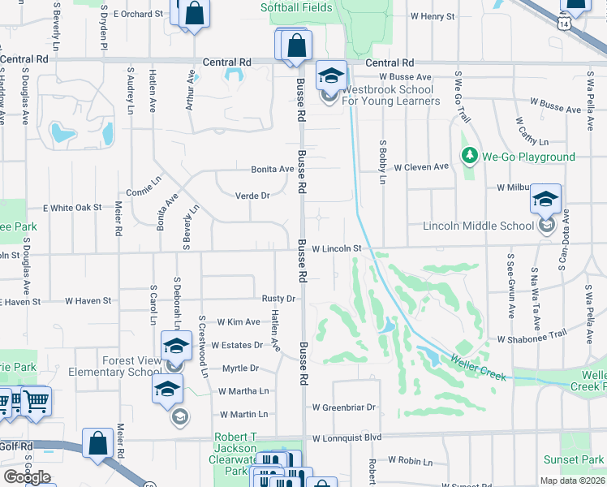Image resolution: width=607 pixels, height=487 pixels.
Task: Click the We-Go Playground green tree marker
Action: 468,155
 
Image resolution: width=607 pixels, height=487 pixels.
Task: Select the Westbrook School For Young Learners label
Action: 391,95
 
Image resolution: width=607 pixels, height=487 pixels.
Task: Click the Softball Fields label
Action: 296,7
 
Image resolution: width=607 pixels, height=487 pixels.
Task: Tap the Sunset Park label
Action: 573,459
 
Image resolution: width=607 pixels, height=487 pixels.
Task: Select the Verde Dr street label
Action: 252,196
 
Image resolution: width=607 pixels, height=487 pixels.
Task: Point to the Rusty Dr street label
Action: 278,299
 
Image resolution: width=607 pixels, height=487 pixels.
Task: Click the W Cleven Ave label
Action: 421,166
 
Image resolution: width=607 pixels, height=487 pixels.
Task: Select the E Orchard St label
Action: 133,14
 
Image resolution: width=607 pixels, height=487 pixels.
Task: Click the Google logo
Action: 27,477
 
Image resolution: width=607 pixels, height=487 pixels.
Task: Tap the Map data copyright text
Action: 572,481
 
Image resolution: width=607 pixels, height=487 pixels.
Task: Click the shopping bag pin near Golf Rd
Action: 97,444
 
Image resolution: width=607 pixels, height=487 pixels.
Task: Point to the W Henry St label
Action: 432,15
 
